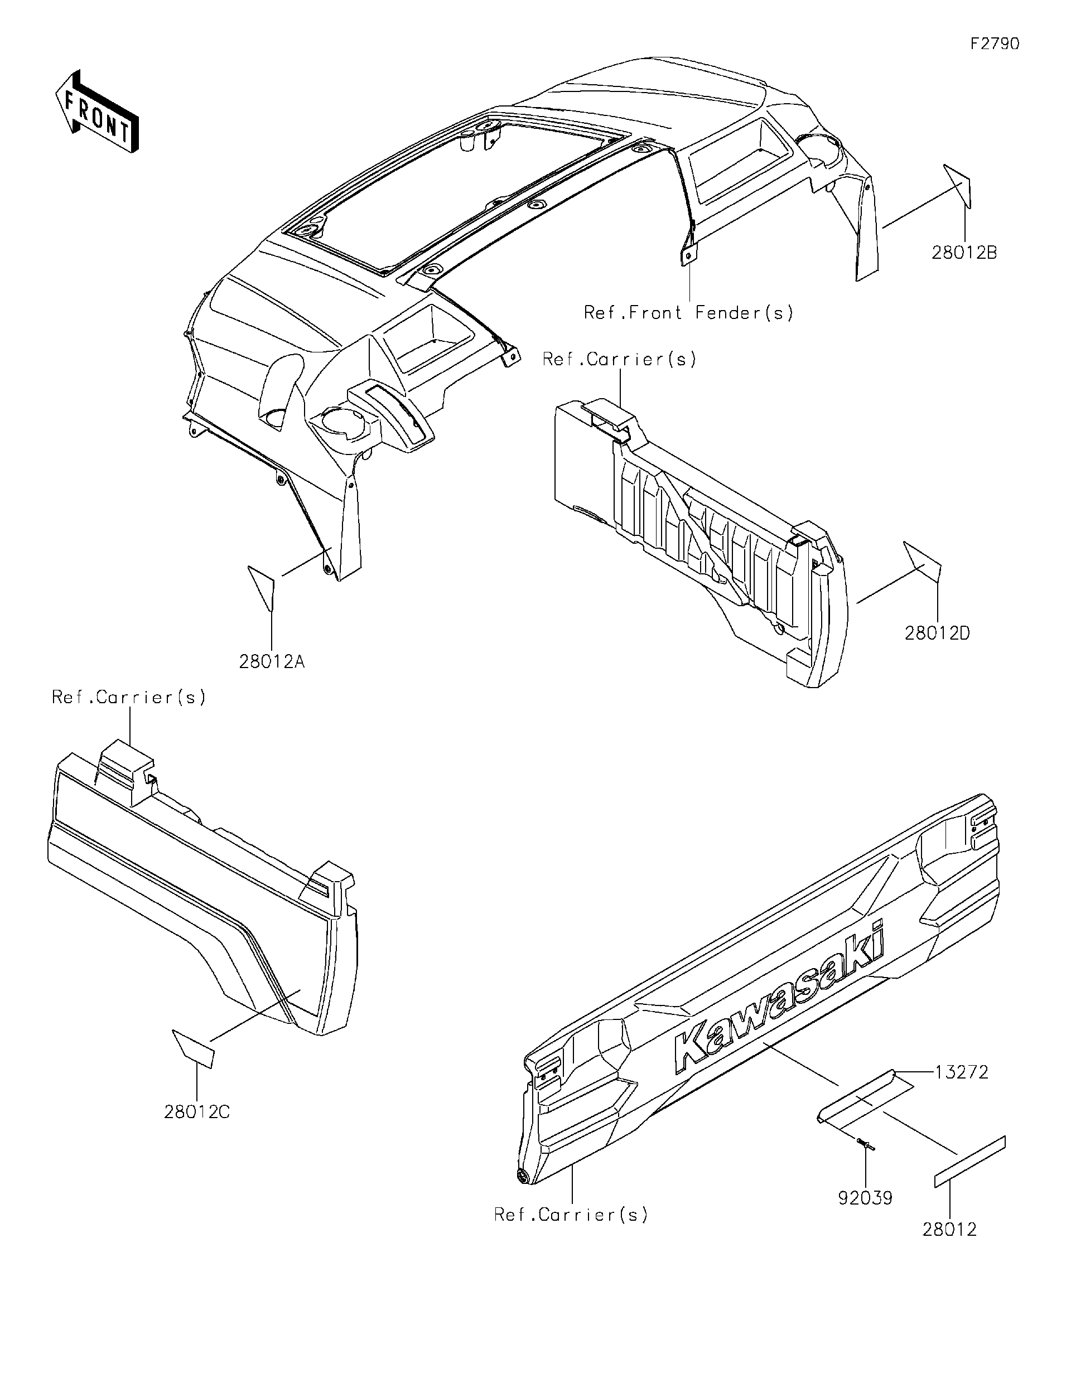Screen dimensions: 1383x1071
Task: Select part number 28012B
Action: pyautogui.click(x=964, y=253)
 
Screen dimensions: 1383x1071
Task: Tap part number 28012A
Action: pyautogui.click(x=272, y=662)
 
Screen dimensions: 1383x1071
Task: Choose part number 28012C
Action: pyautogui.click(x=197, y=1111)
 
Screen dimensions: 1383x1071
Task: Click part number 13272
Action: pyautogui.click(x=960, y=1072)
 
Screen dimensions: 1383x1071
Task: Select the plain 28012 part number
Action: pyautogui.click(x=949, y=1229)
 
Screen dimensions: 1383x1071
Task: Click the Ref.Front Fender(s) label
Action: pyautogui.click(x=688, y=313)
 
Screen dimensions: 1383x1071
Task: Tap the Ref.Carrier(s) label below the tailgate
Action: pyautogui.click(x=571, y=1215)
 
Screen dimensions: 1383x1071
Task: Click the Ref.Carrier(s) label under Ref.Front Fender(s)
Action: pyautogui.click(x=619, y=360)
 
